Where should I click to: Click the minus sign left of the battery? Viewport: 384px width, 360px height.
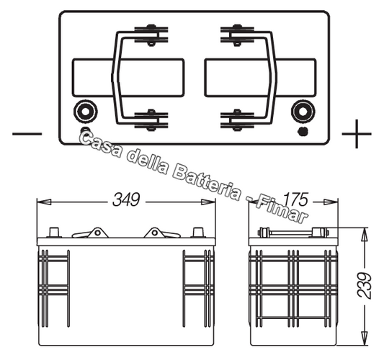pos(27,134)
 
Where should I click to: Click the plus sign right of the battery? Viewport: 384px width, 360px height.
pos(356,134)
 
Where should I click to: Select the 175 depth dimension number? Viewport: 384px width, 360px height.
pos(292,200)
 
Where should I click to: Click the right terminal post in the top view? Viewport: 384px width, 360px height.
pos(301,112)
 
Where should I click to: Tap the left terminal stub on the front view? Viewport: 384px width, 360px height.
pos(53,233)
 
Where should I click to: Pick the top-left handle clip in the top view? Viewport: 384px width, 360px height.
pos(151,34)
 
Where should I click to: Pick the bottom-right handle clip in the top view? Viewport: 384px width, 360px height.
pos(236,119)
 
